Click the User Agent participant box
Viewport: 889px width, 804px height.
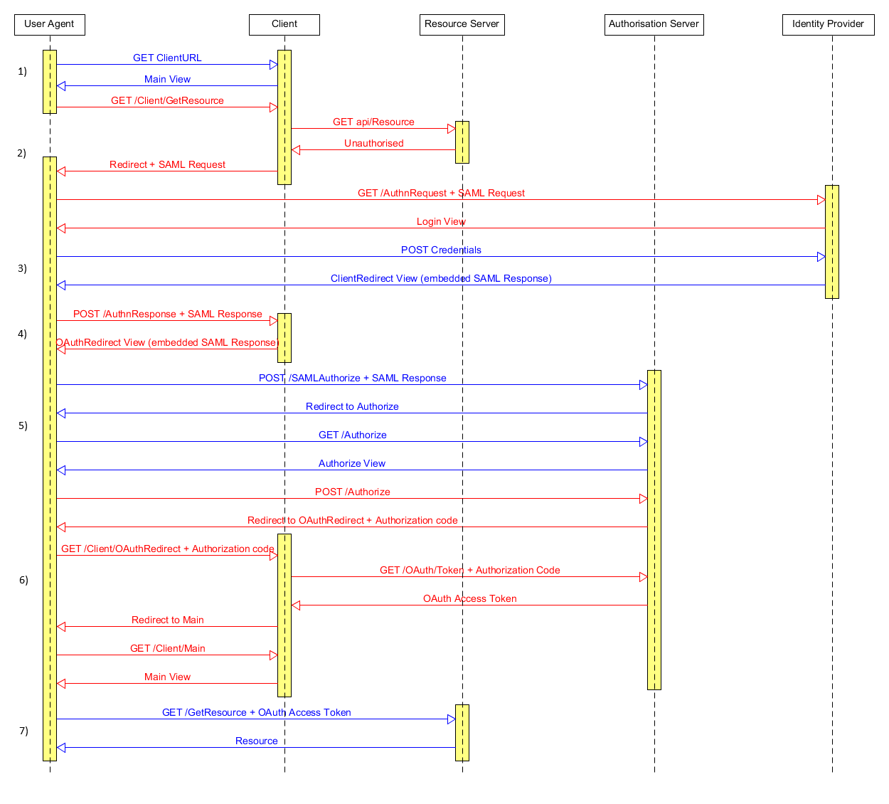(x=49, y=24)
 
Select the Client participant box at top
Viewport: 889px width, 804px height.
(x=284, y=24)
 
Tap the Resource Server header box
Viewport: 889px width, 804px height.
(x=462, y=24)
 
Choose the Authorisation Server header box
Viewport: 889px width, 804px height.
(x=654, y=24)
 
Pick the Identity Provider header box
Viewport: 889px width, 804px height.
(x=828, y=24)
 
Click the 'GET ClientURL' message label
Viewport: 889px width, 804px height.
(x=167, y=58)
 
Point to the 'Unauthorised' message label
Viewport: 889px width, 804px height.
(x=373, y=143)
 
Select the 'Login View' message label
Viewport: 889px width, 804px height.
(x=441, y=221)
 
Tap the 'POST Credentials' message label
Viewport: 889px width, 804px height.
(x=441, y=250)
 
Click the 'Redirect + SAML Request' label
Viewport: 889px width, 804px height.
(x=167, y=164)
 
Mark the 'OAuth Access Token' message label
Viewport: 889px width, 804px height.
(x=469, y=598)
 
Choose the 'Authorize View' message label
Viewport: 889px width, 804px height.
(x=352, y=463)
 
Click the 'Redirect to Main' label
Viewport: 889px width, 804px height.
(x=167, y=620)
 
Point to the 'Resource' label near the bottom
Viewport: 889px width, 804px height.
(x=256, y=741)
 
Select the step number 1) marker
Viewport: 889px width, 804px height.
(x=22, y=71)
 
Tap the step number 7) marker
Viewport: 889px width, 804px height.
(x=23, y=731)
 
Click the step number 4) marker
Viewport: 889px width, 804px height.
(x=22, y=334)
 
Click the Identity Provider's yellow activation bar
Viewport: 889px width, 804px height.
(x=832, y=242)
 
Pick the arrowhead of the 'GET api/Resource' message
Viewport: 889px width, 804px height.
(x=451, y=129)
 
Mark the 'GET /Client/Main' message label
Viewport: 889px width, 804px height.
(x=167, y=648)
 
